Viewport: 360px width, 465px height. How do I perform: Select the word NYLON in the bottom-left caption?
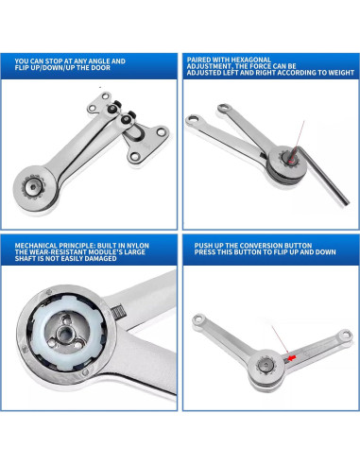click(x=145, y=245)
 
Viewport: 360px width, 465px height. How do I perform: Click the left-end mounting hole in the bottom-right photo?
click(x=198, y=319)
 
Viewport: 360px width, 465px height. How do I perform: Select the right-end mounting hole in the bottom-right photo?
click(x=345, y=336)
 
